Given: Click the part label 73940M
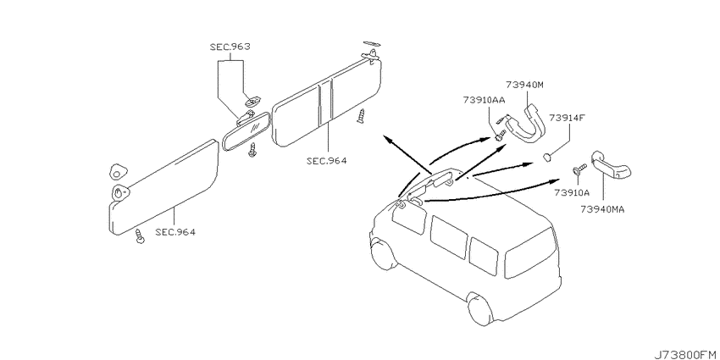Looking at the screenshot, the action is (x=525, y=85).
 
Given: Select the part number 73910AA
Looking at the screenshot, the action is (x=484, y=99).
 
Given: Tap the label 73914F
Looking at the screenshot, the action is (x=565, y=117).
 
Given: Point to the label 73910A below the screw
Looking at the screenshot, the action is (x=572, y=192).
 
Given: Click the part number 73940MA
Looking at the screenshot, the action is (x=602, y=209).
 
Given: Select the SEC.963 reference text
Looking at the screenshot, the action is (x=230, y=47).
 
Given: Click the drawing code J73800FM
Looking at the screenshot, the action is (x=686, y=354).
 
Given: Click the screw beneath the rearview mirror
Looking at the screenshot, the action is (x=252, y=150).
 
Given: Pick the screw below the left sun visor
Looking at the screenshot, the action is (x=140, y=235).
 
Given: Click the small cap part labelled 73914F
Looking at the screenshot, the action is (x=546, y=157).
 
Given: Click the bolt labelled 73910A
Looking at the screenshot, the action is (x=579, y=169).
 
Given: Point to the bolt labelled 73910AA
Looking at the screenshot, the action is (x=501, y=136).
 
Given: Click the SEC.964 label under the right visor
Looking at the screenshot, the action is (x=326, y=161).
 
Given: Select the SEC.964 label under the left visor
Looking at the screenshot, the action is (x=175, y=232).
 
